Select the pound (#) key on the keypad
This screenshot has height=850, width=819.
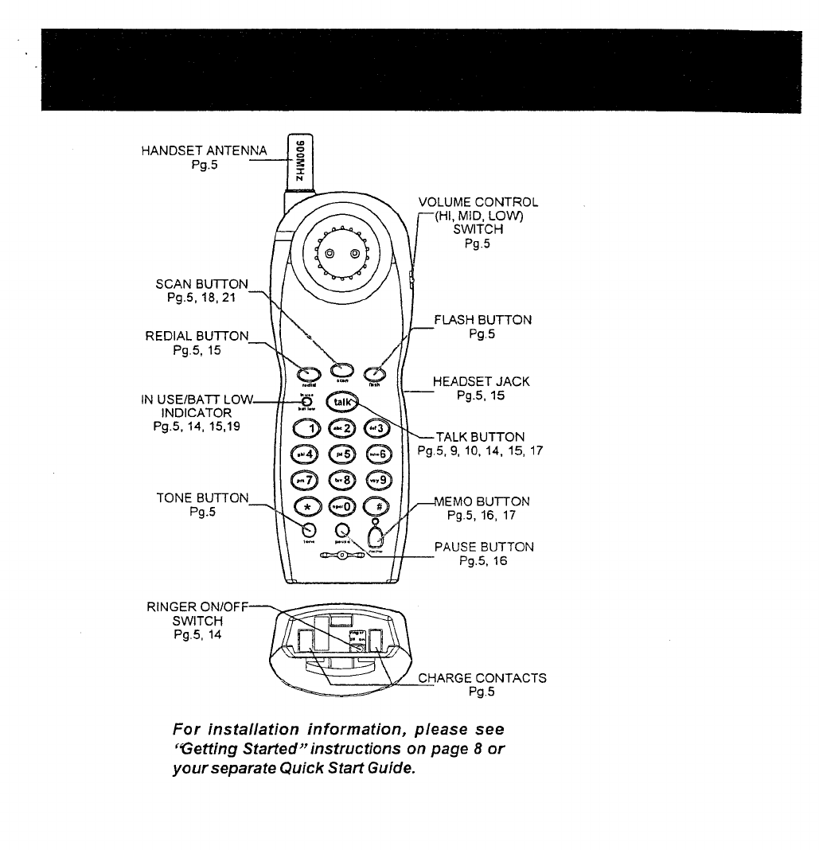(376, 507)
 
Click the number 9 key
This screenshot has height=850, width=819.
(378, 481)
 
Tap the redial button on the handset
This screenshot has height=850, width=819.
(306, 371)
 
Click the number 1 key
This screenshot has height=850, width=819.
(307, 431)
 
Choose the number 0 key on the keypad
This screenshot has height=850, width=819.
(342, 507)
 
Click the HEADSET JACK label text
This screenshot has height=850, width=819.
(481, 382)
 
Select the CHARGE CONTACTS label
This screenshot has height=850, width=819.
(482, 678)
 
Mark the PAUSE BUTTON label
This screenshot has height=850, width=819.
(484, 548)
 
